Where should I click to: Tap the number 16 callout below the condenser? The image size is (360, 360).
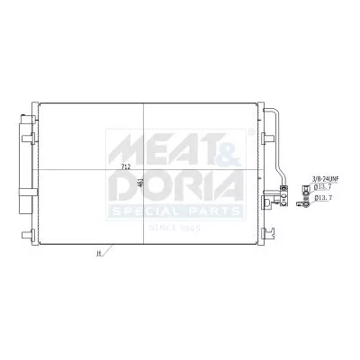(96, 256)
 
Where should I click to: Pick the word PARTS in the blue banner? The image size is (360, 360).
(214, 211)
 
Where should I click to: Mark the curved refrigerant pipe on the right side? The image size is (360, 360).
(277, 135)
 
